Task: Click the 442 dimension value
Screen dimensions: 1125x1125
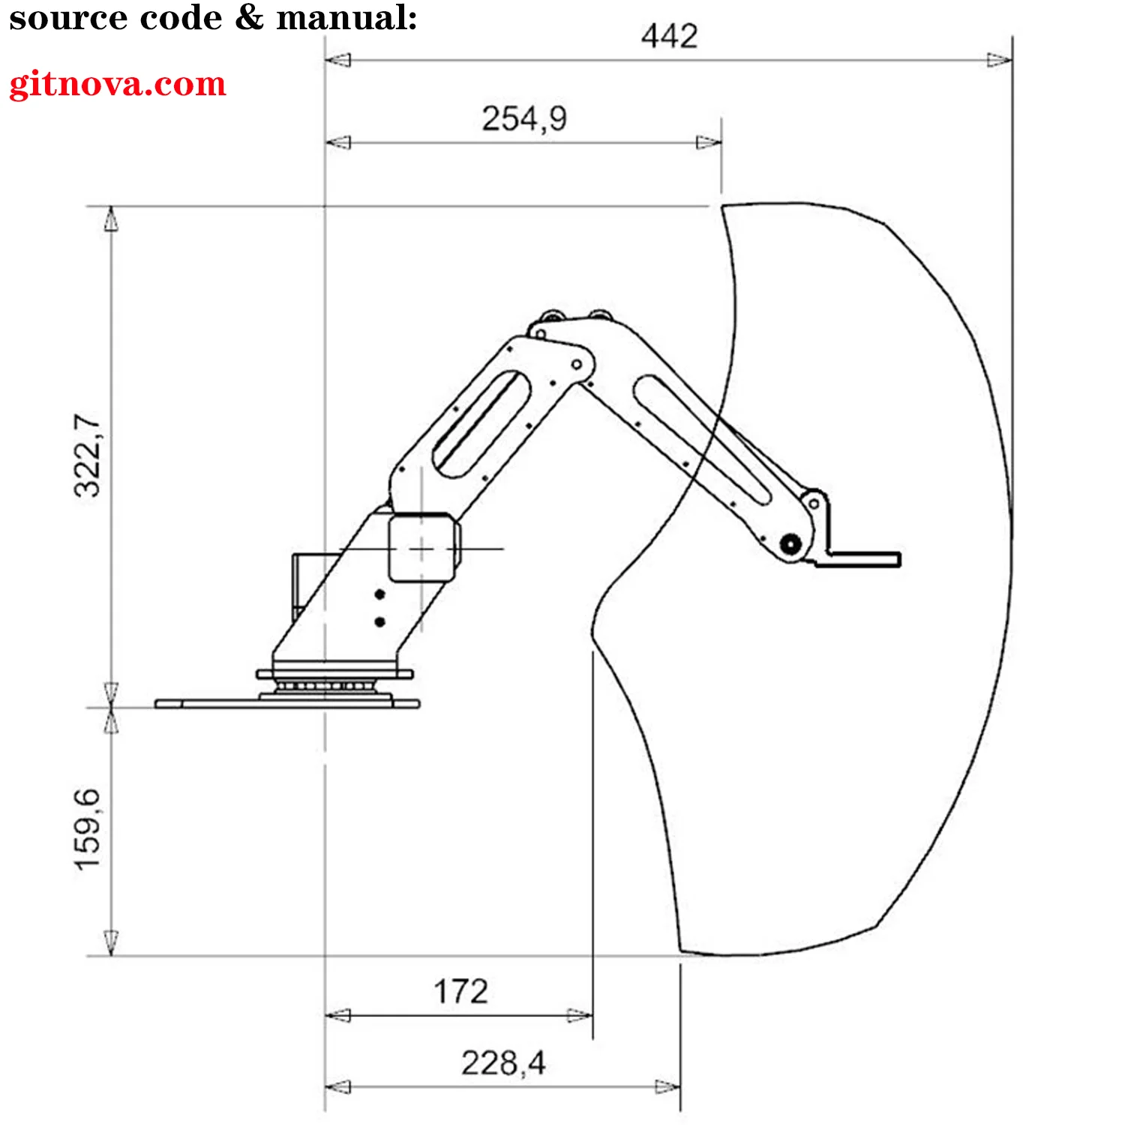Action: (x=669, y=36)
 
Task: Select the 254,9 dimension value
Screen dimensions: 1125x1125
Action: (x=524, y=118)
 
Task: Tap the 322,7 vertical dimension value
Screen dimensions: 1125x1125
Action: (x=88, y=454)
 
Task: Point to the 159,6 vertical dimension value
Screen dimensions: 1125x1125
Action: (x=88, y=829)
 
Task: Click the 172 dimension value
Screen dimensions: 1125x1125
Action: (x=460, y=991)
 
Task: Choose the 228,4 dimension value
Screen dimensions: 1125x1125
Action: (x=503, y=1063)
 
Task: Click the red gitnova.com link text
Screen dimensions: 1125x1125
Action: (x=118, y=84)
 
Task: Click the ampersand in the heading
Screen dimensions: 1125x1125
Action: (x=248, y=18)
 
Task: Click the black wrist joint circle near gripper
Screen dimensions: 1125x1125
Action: (x=790, y=544)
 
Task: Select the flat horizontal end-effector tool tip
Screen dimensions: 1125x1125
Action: (x=862, y=559)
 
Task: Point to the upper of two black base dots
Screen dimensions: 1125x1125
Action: (x=379, y=595)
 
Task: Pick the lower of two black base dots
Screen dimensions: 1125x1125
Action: (x=379, y=622)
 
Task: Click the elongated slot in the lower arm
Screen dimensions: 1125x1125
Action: (x=481, y=424)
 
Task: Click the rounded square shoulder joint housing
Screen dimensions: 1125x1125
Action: (x=422, y=547)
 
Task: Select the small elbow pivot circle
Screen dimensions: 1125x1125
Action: (x=577, y=364)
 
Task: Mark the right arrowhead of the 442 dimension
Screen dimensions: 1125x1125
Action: (x=1000, y=60)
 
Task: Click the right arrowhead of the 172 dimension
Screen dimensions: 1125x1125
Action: (x=580, y=1015)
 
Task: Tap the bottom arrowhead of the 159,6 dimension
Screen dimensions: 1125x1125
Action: (x=111, y=943)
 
